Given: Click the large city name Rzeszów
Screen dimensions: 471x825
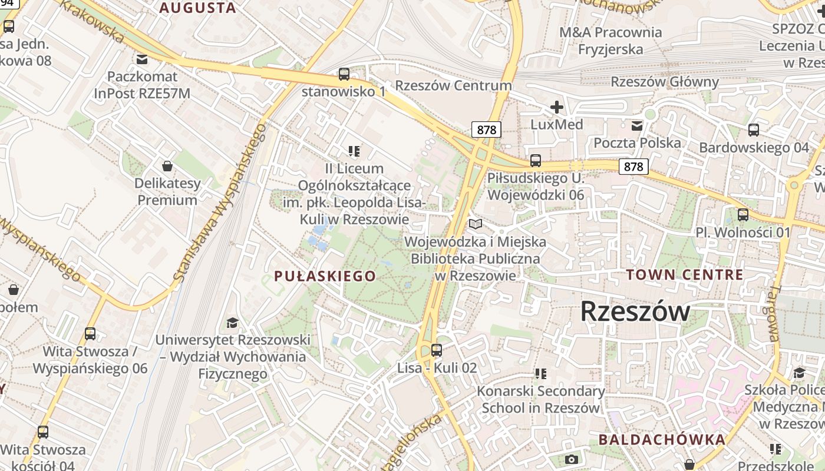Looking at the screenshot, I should click(635, 311).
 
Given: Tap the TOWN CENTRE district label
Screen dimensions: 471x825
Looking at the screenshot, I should click(684, 274).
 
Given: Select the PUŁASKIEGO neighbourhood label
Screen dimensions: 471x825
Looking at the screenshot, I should click(325, 276).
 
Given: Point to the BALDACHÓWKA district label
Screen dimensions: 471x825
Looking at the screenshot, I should click(662, 439).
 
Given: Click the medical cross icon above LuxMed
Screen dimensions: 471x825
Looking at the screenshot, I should click(556, 107).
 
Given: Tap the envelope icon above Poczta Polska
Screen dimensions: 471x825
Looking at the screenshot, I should click(637, 125).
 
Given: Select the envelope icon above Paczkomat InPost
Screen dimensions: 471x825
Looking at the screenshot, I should click(142, 59).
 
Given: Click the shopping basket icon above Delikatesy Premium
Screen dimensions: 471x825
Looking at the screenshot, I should click(167, 166).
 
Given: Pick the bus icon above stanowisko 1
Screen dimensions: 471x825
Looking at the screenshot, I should click(344, 74).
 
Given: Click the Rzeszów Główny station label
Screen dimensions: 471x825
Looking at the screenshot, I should click(665, 82).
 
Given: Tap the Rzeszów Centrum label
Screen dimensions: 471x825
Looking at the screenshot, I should click(453, 85).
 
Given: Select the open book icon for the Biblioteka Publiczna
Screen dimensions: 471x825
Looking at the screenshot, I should click(475, 224).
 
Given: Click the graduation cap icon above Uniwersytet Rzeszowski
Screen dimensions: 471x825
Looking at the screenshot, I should click(232, 323).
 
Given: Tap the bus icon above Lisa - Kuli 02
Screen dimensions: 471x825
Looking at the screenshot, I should click(437, 350).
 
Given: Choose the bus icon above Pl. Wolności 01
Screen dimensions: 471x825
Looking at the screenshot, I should click(743, 215).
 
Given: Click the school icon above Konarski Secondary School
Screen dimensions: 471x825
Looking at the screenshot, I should click(540, 373).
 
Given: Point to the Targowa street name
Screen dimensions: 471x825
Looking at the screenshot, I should click(773, 314).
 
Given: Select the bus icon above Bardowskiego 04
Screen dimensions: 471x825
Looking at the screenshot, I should click(754, 130).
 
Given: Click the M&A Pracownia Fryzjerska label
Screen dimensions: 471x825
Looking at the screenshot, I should click(610, 41).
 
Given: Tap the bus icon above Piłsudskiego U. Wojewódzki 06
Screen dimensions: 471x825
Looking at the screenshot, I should click(535, 160).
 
